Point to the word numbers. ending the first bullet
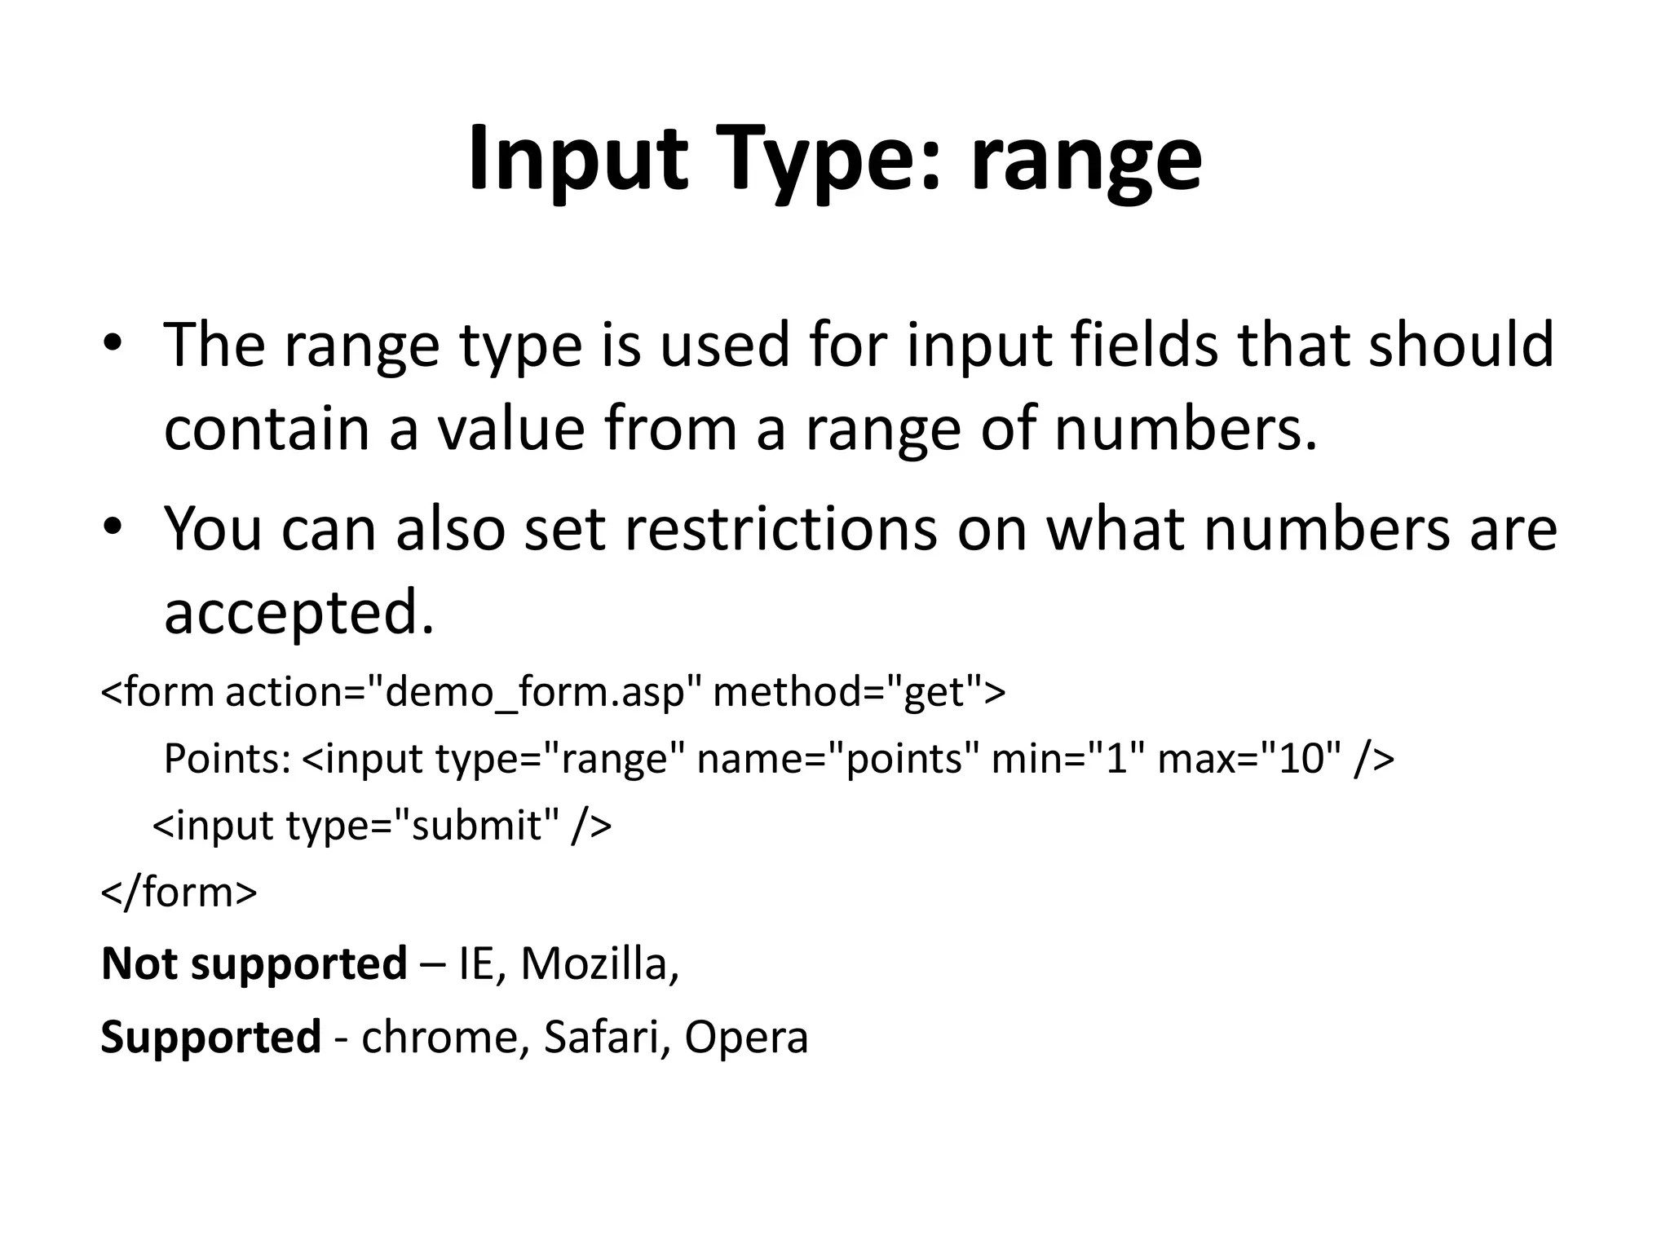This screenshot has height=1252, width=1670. pos(1186,429)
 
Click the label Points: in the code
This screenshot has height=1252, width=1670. pos(227,760)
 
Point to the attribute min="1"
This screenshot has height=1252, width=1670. pos(1063,760)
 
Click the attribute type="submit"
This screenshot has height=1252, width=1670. pos(423,827)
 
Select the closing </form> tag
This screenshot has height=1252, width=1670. pos(179,893)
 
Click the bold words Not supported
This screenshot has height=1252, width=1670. pos(254,965)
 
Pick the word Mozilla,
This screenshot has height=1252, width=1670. pos(599,965)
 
